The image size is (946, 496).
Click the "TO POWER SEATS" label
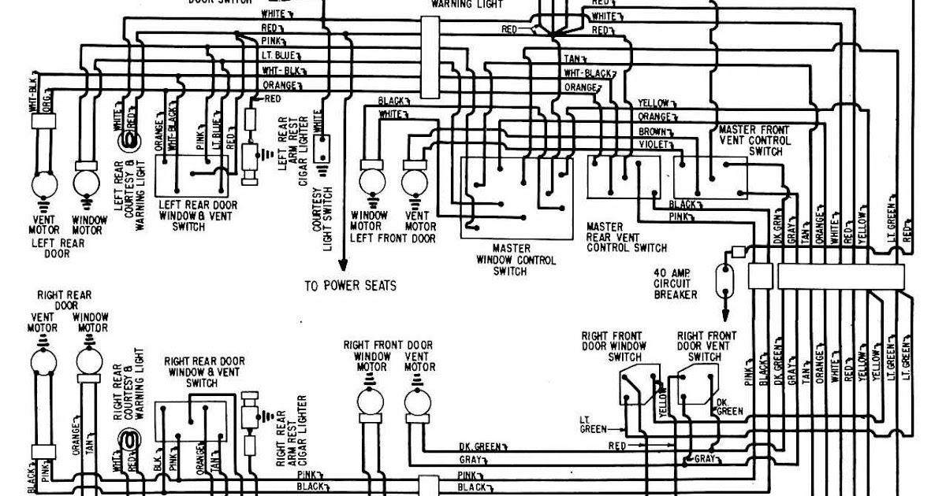350,286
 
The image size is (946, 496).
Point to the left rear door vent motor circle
43,187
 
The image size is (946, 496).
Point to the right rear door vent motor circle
43,362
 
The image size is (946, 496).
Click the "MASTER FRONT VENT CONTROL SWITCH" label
754,140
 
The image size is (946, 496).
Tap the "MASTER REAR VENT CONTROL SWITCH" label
626,237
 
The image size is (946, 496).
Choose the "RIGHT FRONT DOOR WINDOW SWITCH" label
614,346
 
